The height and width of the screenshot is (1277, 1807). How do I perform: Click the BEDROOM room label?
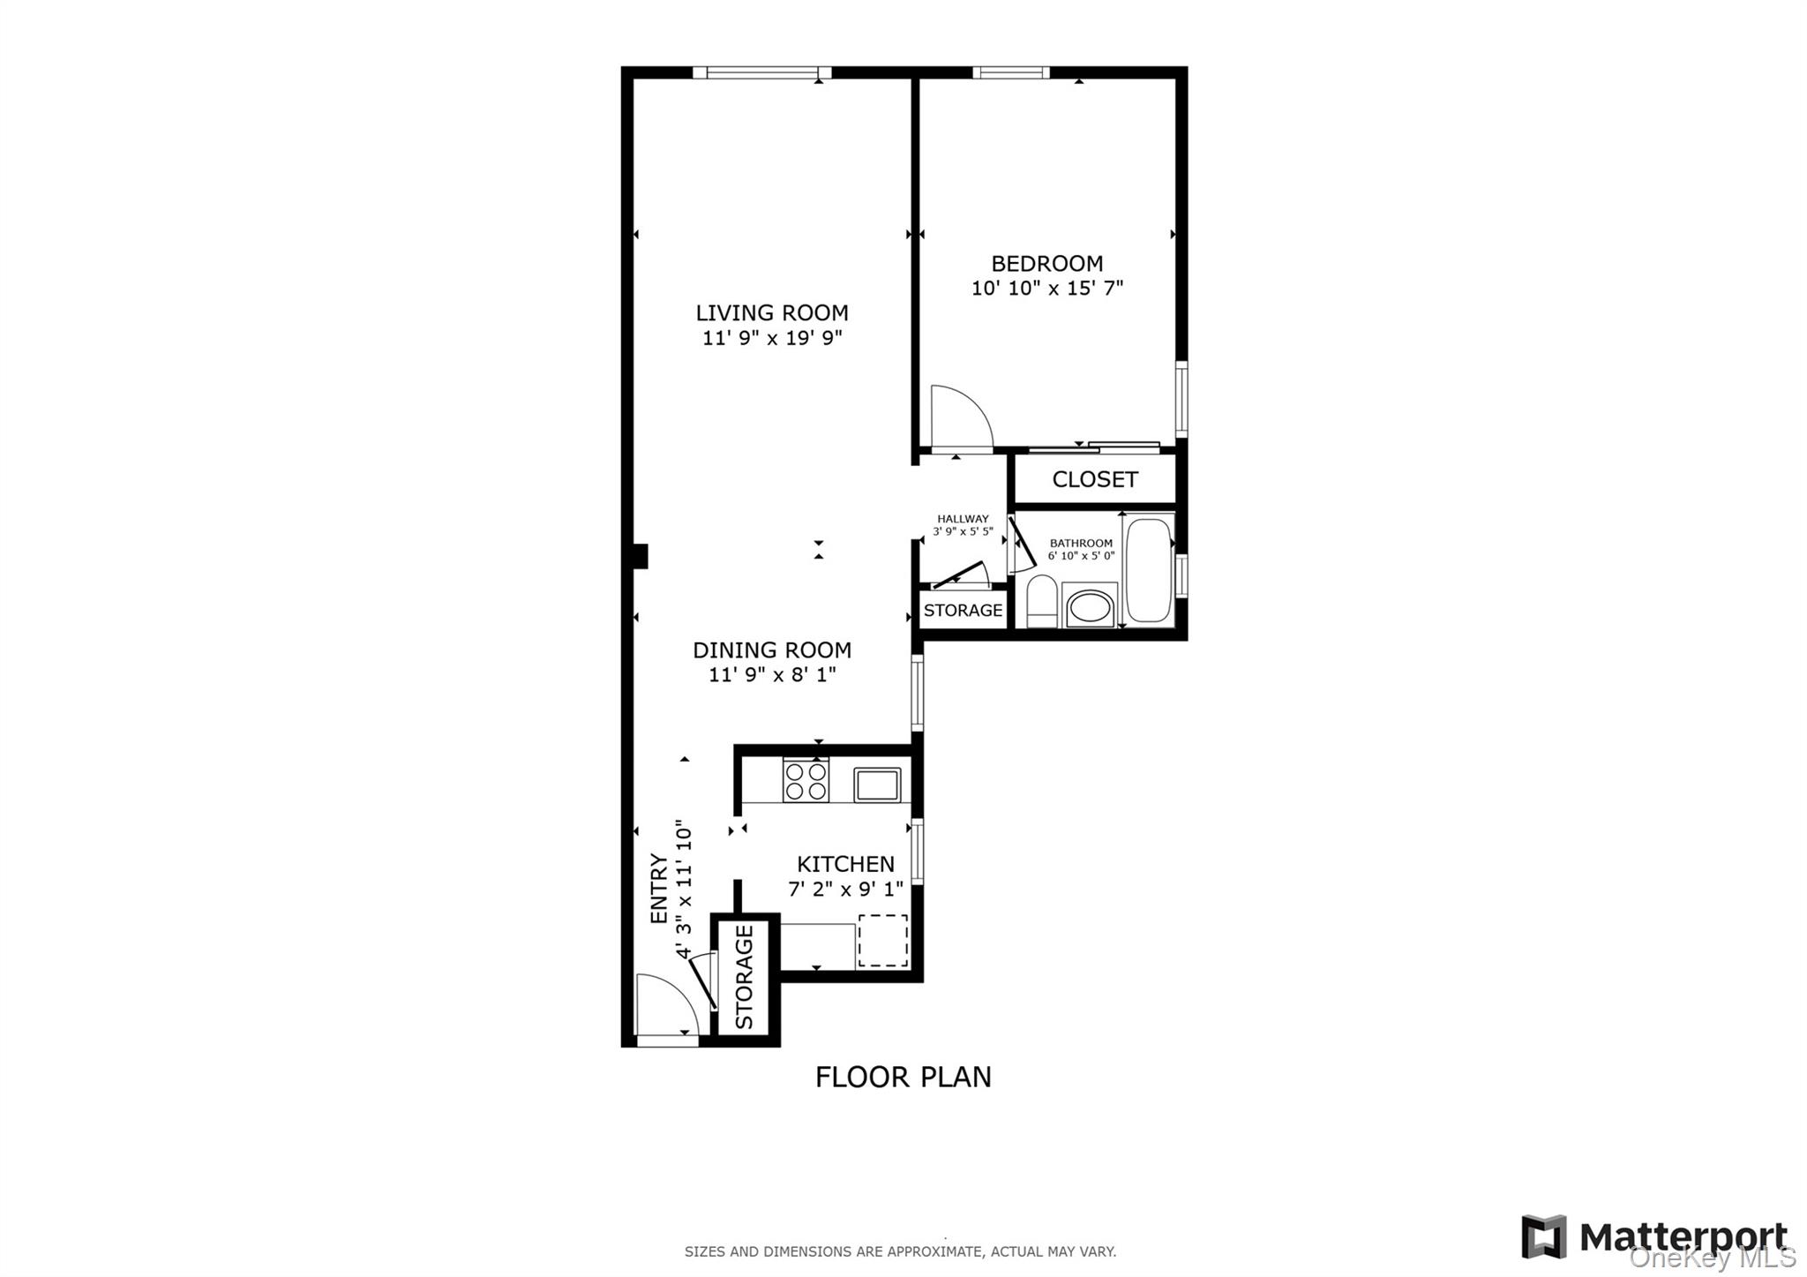click(x=1046, y=264)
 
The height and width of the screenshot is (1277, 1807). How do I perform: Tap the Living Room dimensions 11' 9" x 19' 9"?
click(x=772, y=338)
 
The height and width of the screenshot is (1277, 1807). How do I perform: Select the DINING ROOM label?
click(x=772, y=650)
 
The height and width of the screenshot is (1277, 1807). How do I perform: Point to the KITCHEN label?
click(x=845, y=864)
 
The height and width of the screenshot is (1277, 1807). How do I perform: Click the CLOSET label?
click(x=1095, y=479)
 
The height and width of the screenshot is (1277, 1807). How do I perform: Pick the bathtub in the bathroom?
click(x=1149, y=569)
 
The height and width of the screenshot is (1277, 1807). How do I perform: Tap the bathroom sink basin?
click(x=1090, y=606)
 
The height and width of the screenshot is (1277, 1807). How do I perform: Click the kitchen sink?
click(x=877, y=785)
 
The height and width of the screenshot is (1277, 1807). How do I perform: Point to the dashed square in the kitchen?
click(x=883, y=941)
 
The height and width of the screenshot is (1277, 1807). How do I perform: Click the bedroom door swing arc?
click(x=962, y=417)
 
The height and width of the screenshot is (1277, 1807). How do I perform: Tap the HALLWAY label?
click(x=963, y=520)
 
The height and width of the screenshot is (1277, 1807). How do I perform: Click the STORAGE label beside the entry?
click(x=745, y=977)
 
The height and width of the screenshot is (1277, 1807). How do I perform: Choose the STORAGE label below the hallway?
click(x=963, y=611)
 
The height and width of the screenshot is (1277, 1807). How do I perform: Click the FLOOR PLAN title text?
click(x=903, y=1078)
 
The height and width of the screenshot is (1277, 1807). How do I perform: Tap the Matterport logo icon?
click(x=1543, y=1236)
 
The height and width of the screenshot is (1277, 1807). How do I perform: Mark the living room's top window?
click(x=761, y=73)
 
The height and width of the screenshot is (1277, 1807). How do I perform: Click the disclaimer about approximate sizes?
click(x=900, y=1251)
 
